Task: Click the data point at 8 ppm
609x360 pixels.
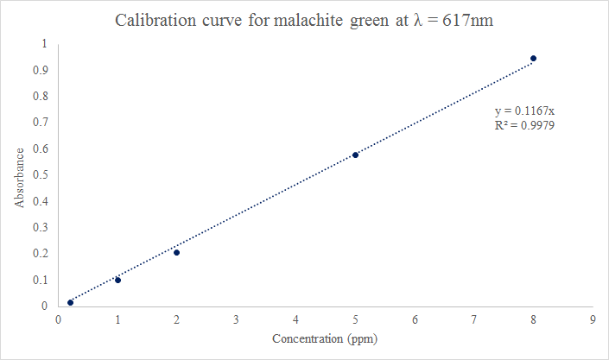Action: [x=534, y=59]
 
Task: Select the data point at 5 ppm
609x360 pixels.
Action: [x=355, y=155]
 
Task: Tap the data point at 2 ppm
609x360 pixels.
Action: [x=176, y=252]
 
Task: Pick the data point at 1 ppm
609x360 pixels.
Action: [x=117, y=280]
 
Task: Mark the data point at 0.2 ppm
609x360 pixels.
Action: [x=70, y=302]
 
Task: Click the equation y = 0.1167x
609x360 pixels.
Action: [x=523, y=111]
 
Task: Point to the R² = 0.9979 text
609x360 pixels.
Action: [x=523, y=126]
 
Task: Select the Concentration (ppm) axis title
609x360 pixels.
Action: [x=325, y=338]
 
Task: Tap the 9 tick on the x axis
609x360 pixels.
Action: [x=593, y=319]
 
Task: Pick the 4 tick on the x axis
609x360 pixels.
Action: [x=295, y=319]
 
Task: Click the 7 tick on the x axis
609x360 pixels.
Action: [x=474, y=319]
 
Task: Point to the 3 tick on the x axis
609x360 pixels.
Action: [x=236, y=319]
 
